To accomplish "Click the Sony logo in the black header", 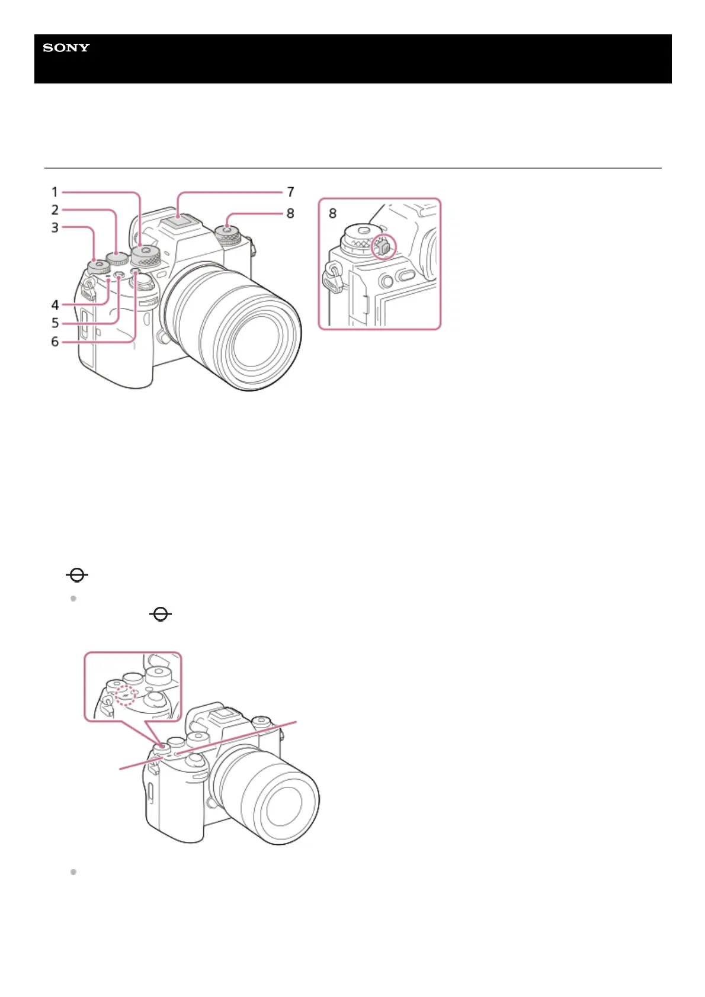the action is coord(66,48).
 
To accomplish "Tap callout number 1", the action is coord(55,192).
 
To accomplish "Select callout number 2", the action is coord(55,210).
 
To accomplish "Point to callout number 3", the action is coord(55,227).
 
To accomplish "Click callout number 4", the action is coord(55,305).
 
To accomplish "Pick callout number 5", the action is coord(55,323).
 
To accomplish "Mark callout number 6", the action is coord(55,342).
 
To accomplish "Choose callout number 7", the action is coord(290,192).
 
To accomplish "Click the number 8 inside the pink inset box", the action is coord(332,213).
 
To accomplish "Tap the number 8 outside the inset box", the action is coord(290,213).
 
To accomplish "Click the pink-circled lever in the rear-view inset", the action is coord(383,247).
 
